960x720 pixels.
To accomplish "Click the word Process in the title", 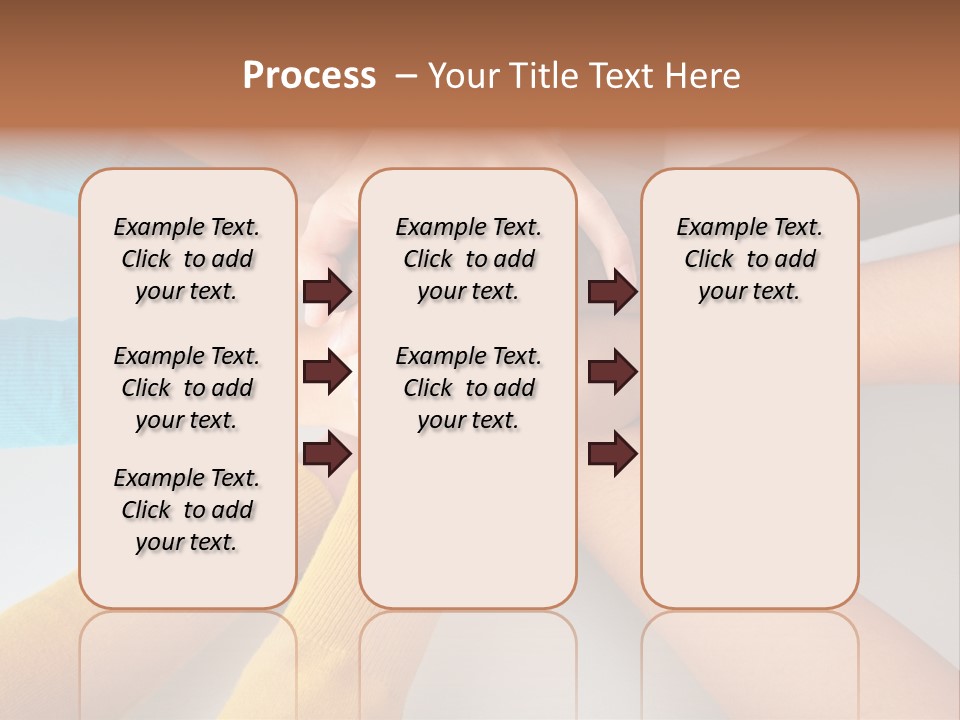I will pyautogui.click(x=309, y=75).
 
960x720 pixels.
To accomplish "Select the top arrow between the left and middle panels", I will pyautogui.click(x=327, y=291).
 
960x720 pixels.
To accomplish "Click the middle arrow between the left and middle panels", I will pyautogui.click(x=327, y=372).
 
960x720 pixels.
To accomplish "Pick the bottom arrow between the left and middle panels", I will pyautogui.click(x=327, y=453).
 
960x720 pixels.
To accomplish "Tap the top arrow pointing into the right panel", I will pyautogui.click(x=612, y=291).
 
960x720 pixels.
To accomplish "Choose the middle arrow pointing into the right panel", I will pyautogui.click(x=612, y=372).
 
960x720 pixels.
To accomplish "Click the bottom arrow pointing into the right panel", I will pyautogui.click(x=612, y=453).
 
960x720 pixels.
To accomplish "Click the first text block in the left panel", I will pyautogui.click(x=187, y=259).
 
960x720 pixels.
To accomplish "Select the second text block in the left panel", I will pyautogui.click(x=187, y=388).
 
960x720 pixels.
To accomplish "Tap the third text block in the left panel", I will pyautogui.click(x=187, y=510).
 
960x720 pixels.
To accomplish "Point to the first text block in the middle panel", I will pyautogui.click(x=468, y=259).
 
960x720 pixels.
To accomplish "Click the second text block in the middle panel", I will pyautogui.click(x=468, y=388).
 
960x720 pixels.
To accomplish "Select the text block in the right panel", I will pyautogui.click(x=749, y=259).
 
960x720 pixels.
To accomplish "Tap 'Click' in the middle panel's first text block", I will pyautogui.click(x=428, y=260).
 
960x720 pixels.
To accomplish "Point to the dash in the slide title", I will pyautogui.click(x=405, y=76).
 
